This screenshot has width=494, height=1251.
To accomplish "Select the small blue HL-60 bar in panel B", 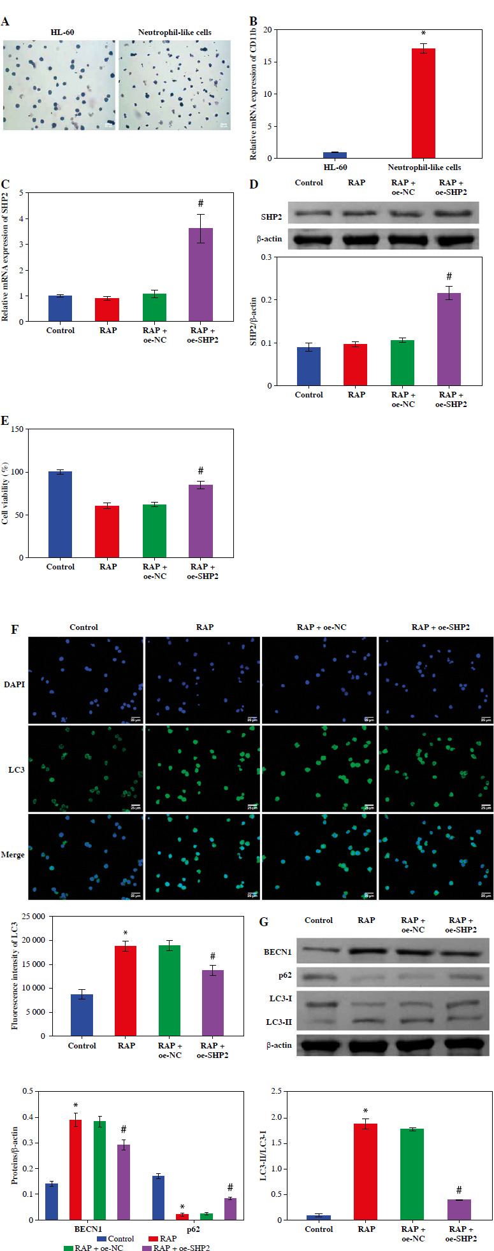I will (x=335, y=155).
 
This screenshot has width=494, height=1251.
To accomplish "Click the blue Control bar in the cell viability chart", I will (x=61, y=515).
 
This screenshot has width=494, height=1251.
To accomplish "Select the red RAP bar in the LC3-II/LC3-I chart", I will (x=366, y=1171).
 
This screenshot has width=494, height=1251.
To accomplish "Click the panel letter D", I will (x=254, y=185).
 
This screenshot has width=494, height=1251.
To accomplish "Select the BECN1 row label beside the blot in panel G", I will (x=277, y=952).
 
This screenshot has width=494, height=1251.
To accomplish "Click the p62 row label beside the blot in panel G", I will (x=284, y=975).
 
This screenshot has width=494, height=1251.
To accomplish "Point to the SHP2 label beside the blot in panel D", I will (x=271, y=217).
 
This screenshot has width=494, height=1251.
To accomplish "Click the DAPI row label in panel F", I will (x=15, y=685).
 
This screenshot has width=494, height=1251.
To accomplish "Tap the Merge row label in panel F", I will (x=13, y=855).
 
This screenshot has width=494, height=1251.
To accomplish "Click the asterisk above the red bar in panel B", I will (x=423, y=34).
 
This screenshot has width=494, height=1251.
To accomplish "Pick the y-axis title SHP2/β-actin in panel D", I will (x=253, y=321).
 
